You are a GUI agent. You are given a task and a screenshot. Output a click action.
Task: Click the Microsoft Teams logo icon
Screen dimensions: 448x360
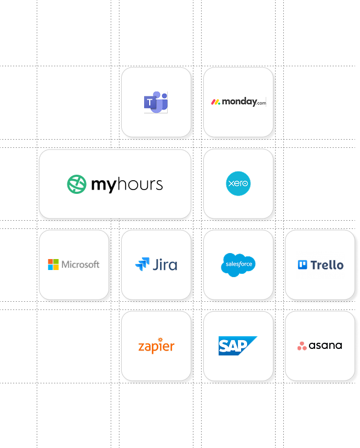[x=156, y=102]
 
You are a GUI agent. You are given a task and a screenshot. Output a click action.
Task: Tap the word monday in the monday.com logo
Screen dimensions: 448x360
[x=238, y=102]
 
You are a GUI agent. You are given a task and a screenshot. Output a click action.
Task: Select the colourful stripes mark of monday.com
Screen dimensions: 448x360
[x=216, y=102]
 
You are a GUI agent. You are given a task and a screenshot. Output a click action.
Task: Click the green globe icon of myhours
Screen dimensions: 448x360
[x=77, y=184]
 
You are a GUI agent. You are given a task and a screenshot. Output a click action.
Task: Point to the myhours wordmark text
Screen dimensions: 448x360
[x=127, y=185]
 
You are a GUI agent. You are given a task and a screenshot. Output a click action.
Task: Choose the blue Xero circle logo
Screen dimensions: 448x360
[x=238, y=184]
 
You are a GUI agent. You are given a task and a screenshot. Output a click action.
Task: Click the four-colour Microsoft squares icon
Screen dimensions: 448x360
[x=53, y=265]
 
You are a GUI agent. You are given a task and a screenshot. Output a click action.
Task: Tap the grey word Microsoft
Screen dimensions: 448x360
[x=81, y=265]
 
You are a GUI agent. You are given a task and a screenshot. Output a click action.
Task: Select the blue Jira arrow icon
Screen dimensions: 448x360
[x=142, y=265]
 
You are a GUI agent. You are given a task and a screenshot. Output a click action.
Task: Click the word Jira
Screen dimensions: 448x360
[x=164, y=265]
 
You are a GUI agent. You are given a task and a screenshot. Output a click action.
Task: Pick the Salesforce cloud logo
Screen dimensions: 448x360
[x=238, y=265]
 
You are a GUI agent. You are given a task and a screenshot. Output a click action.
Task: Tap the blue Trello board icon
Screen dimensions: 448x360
[x=302, y=265]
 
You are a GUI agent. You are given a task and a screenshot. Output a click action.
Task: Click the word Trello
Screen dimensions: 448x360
[x=327, y=265]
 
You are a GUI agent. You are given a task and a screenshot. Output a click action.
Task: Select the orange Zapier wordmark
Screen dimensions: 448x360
[x=156, y=347]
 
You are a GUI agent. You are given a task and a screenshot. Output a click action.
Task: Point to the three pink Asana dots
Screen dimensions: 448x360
[x=302, y=346]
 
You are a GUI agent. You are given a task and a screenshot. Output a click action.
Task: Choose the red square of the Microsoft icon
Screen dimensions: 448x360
[x=50, y=262]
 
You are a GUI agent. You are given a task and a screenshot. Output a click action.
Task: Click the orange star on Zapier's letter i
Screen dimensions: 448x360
[x=159, y=340]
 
